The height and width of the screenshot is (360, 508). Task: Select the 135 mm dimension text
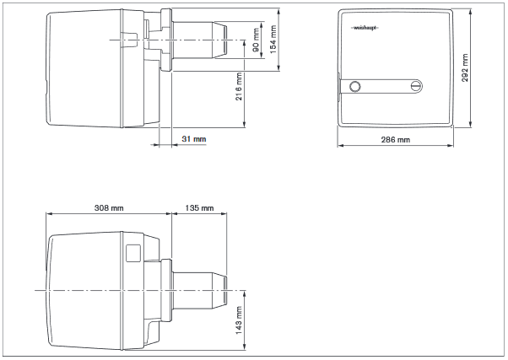197,207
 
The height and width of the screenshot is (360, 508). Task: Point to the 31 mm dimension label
193,137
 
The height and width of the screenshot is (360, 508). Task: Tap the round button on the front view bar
354,86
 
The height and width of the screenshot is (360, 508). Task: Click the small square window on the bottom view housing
132,251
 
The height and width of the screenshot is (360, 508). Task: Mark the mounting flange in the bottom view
168,289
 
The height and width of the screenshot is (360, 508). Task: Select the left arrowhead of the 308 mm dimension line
47,213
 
